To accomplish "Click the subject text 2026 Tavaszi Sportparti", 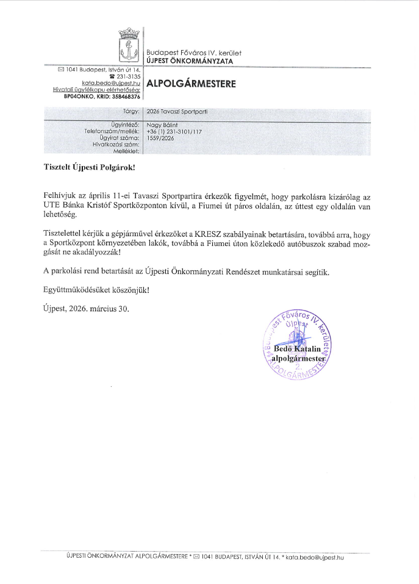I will [x=173, y=112].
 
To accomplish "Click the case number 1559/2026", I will [x=160, y=139].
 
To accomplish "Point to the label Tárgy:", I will [x=131, y=112].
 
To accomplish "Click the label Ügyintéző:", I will [x=126, y=124].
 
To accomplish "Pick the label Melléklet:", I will [x=128, y=151].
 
